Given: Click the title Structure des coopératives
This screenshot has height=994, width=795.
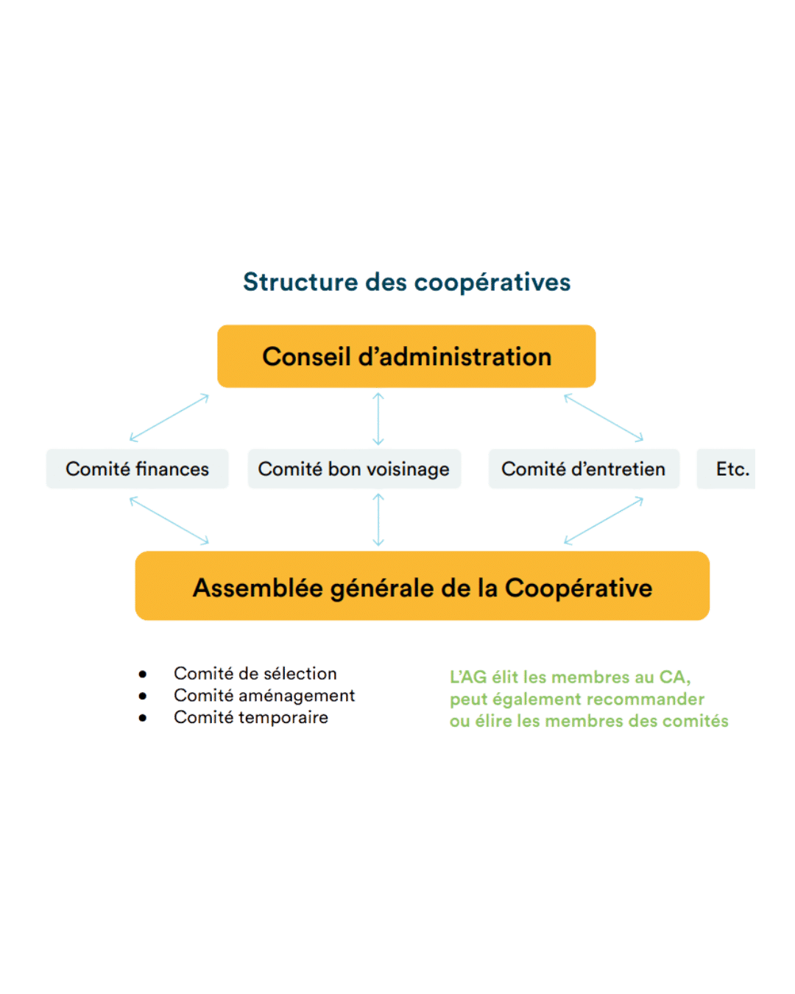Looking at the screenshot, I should pyautogui.click(x=406, y=282).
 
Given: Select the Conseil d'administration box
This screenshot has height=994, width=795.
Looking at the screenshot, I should pyautogui.click(x=406, y=356).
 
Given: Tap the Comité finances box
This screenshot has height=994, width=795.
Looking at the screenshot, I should pyautogui.click(x=137, y=469).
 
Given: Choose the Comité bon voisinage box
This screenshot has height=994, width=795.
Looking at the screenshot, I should pyautogui.click(x=354, y=469).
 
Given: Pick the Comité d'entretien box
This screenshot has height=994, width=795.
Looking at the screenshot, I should pyautogui.click(x=583, y=469).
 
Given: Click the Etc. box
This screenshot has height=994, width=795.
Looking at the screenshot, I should pyautogui.click(x=727, y=469).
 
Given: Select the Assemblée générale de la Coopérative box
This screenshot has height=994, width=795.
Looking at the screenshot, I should pyautogui.click(x=422, y=588).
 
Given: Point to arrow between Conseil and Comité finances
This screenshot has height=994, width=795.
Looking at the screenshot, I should pyautogui.click(x=169, y=417).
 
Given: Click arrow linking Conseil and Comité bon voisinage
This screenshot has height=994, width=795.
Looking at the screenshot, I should pyautogui.click(x=378, y=418).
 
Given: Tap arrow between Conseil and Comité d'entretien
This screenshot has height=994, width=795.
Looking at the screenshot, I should pyautogui.click(x=604, y=417).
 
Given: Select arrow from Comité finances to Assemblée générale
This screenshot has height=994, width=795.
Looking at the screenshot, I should pyautogui.click(x=169, y=520).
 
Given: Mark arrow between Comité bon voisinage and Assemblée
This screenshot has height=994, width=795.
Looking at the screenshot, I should pyautogui.click(x=378, y=520).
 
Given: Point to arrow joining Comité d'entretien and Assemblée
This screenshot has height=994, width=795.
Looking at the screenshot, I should pyautogui.click(x=604, y=520).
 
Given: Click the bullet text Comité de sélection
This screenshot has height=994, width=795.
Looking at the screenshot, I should pyautogui.click(x=255, y=674).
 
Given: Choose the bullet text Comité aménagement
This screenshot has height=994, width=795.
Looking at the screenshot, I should pyautogui.click(x=264, y=696).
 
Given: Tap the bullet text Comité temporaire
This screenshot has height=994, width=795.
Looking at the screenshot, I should pyautogui.click(x=251, y=718).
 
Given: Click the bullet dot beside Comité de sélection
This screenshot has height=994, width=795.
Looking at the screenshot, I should pyautogui.click(x=143, y=674).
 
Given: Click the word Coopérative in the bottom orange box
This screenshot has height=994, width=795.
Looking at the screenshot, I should pyautogui.click(x=579, y=588).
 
